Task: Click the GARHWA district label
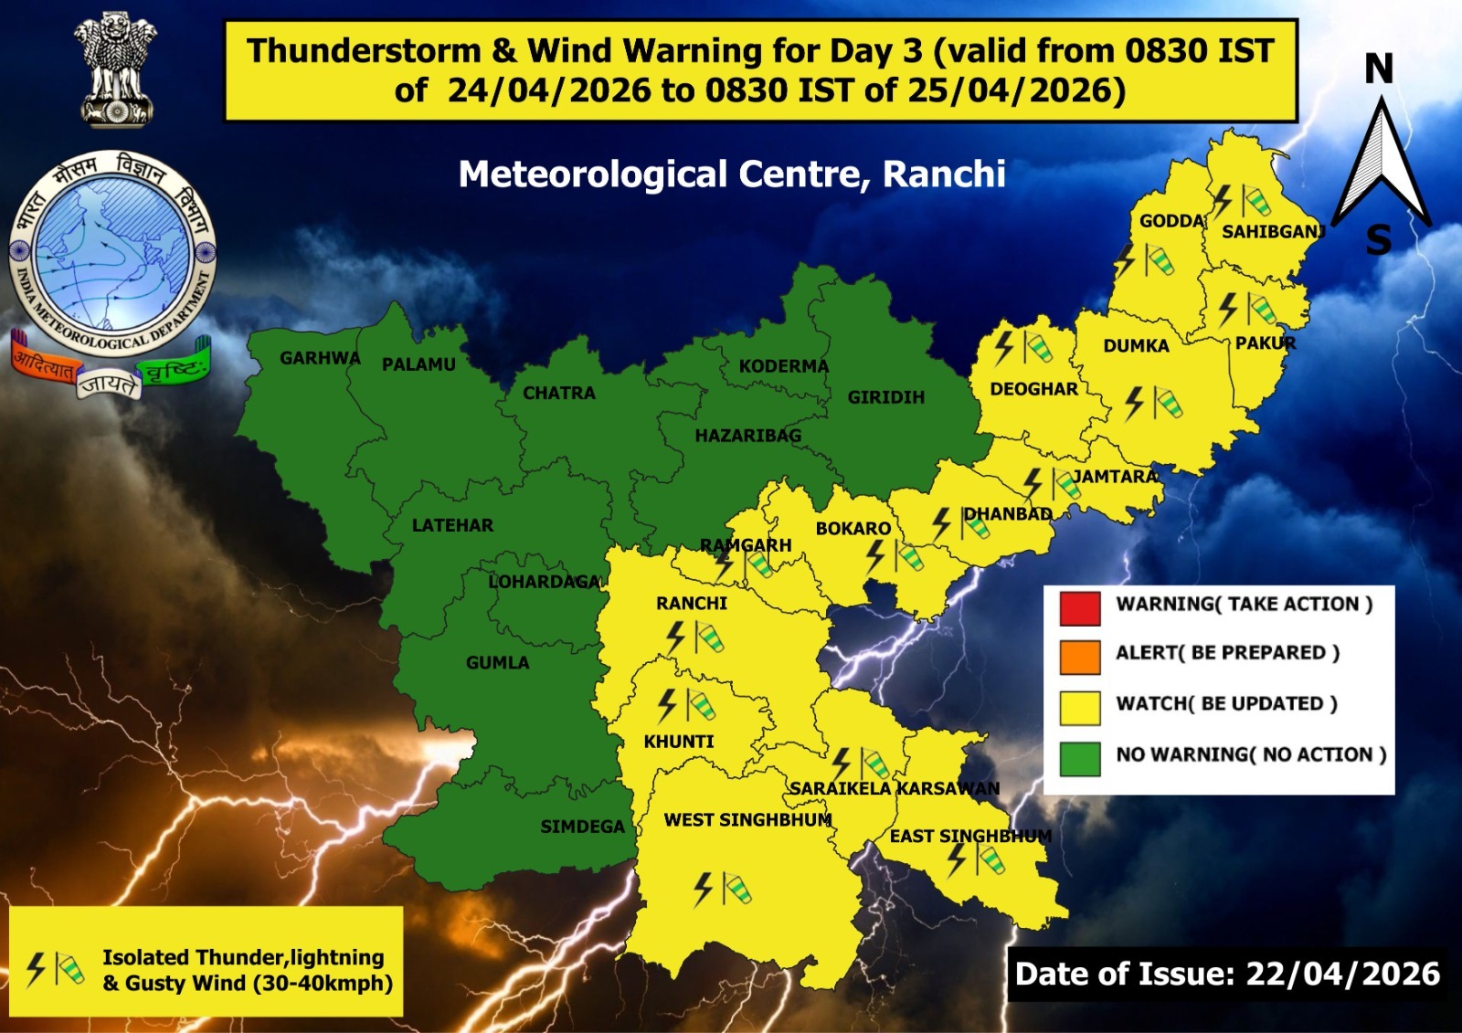coord(320,358)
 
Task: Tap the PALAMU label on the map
coord(418,364)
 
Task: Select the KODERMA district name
coord(783,366)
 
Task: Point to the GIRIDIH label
coord(885,397)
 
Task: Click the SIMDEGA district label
coord(582,827)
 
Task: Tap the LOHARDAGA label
coord(545,582)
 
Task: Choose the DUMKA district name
coord(1136,346)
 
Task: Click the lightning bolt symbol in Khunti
coord(668,705)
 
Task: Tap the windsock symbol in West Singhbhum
coord(736,888)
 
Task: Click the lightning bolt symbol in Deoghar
coord(1004,347)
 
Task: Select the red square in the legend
coord(1079,608)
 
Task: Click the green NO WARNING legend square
coord(1079,758)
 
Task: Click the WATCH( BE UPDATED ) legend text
coord(1226,703)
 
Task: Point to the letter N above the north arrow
coord(1378,69)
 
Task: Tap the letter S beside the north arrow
coord(1378,240)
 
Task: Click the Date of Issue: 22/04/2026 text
coord(1227,974)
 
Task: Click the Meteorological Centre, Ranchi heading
coord(732,174)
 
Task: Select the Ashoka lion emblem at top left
coord(115,70)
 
